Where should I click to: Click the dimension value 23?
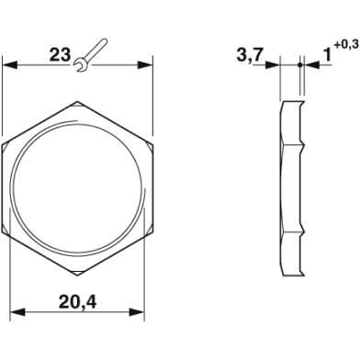(x=61, y=55)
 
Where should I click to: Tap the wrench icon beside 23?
(x=91, y=55)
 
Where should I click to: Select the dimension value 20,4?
(x=77, y=302)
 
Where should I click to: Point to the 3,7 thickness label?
(x=250, y=55)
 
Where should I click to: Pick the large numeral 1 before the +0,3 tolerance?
(x=327, y=56)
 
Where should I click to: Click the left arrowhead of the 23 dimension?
(x=9, y=65)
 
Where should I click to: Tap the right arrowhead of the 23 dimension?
(x=145, y=65)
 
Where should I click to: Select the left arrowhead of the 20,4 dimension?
(x=17, y=312)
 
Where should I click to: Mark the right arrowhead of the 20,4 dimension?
(x=137, y=312)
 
